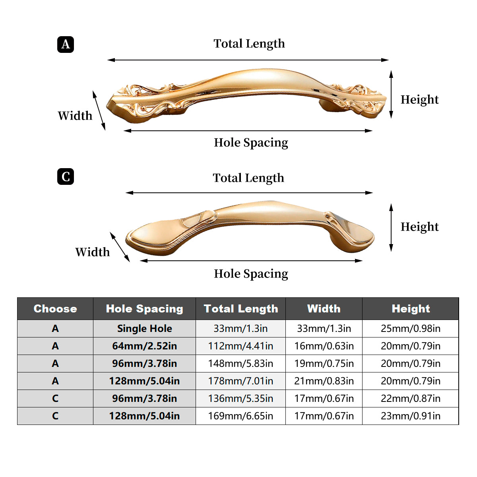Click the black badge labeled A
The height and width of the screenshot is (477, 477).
click(x=66, y=44)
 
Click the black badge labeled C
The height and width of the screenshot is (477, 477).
click(x=66, y=176)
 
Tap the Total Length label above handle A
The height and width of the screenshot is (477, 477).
click(x=249, y=43)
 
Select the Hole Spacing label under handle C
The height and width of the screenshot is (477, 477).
click(x=251, y=273)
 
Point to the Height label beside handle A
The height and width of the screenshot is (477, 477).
click(x=419, y=99)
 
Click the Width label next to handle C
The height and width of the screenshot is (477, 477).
click(x=92, y=252)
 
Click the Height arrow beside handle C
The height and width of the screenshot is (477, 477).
click(x=391, y=227)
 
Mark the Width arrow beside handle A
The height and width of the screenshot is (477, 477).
click(x=99, y=111)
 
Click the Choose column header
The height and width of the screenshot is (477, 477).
click(x=55, y=309)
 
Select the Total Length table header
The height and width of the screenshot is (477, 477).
click(x=240, y=309)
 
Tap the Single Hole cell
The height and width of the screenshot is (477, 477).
click(x=144, y=329)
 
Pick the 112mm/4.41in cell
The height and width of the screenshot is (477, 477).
click(x=240, y=346)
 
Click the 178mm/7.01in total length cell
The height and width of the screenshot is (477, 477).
click(x=240, y=381)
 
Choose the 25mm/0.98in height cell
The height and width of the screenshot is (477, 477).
click(x=410, y=329)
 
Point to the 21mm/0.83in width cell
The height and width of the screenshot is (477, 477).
click(x=324, y=381)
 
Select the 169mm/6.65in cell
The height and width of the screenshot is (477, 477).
click(x=240, y=416)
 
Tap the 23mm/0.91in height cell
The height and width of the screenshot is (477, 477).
click(x=410, y=416)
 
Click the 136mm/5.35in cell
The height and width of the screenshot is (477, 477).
click(x=240, y=399)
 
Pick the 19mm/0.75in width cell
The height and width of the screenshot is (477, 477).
click(x=324, y=364)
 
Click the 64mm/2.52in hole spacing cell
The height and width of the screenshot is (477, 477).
click(x=144, y=346)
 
